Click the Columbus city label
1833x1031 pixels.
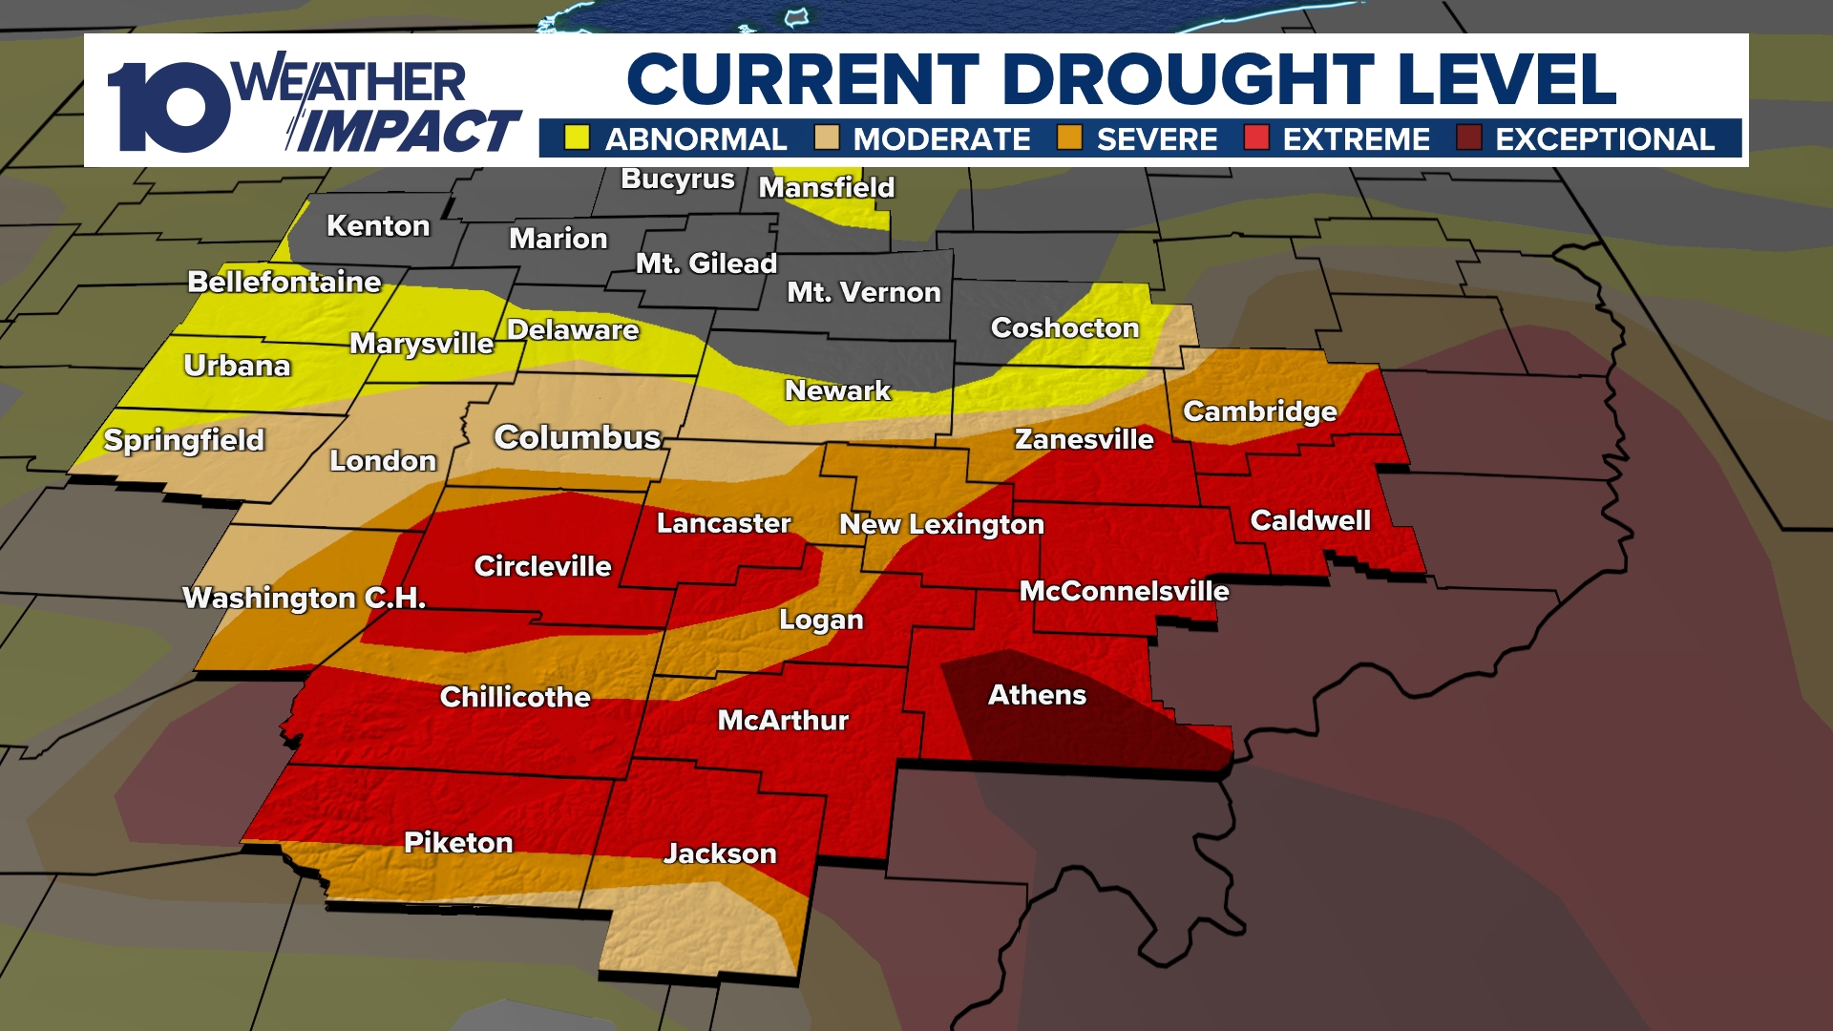(x=578, y=437)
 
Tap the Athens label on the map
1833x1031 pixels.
(x=1037, y=695)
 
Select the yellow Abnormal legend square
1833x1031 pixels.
(x=577, y=138)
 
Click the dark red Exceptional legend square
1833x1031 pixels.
(x=1468, y=138)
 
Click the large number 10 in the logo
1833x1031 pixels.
(x=167, y=107)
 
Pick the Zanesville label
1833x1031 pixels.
(x=1084, y=439)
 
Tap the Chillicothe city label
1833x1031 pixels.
(x=515, y=697)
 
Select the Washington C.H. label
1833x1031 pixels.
(x=304, y=598)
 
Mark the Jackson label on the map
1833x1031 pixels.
(x=720, y=853)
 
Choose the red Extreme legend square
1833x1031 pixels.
(x=1256, y=138)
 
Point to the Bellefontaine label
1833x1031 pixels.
(x=284, y=282)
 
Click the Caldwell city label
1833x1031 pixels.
(x=1310, y=520)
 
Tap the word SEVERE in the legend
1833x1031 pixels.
(x=1157, y=139)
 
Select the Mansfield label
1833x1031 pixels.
(x=827, y=187)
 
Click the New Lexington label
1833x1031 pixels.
(x=941, y=524)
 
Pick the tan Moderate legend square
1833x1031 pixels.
(x=827, y=138)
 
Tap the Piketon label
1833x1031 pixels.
(x=458, y=842)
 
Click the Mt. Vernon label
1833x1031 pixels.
(x=864, y=292)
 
